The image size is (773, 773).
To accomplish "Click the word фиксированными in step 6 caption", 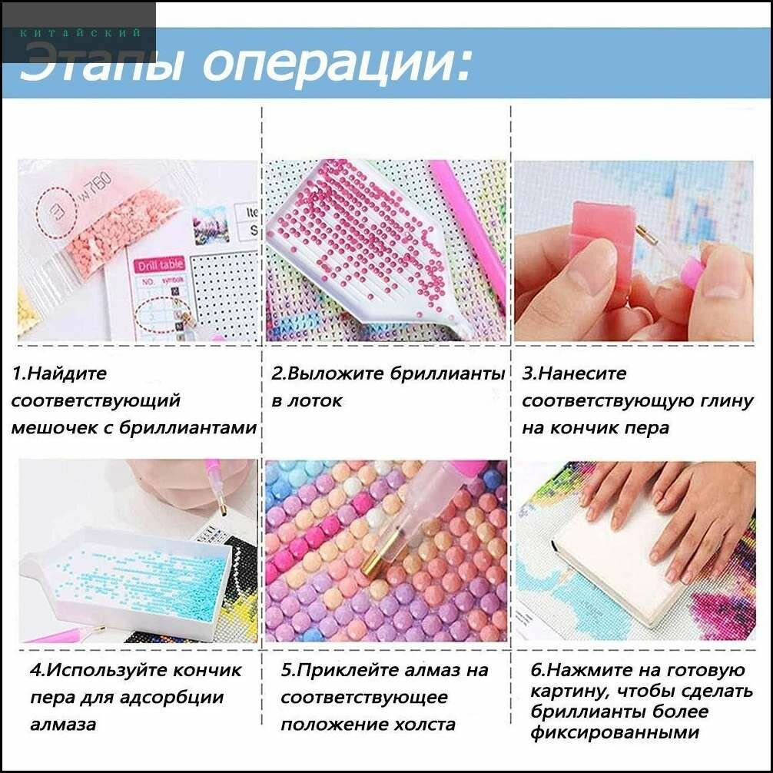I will (615, 732).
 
